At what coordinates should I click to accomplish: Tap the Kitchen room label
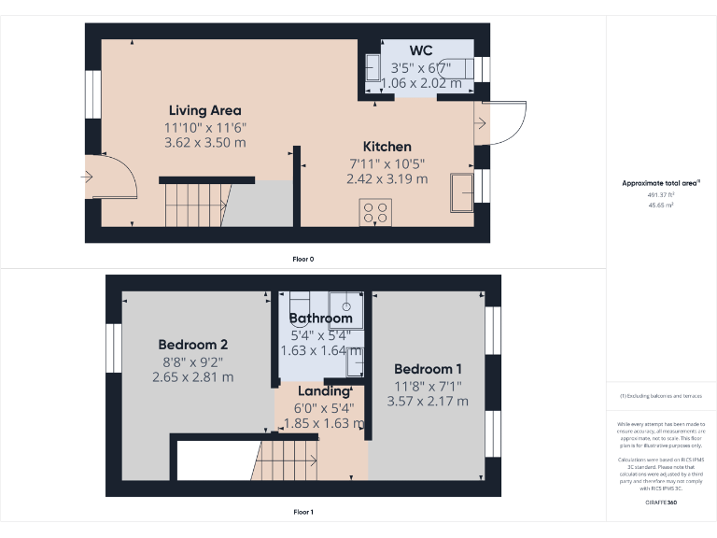[x=387, y=147]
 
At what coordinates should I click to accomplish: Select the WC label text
[x=421, y=50]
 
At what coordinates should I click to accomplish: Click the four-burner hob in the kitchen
[x=376, y=212]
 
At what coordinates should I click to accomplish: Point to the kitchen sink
[x=462, y=191]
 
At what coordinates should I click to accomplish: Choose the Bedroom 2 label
[x=192, y=344]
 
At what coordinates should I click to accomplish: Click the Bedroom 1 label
[x=427, y=368]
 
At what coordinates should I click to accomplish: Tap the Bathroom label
[x=320, y=319]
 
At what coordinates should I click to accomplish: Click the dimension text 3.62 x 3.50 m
[x=205, y=142]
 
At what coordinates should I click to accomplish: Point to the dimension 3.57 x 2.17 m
[x=428, y=402]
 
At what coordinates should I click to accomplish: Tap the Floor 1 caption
[x=303, y=512]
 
